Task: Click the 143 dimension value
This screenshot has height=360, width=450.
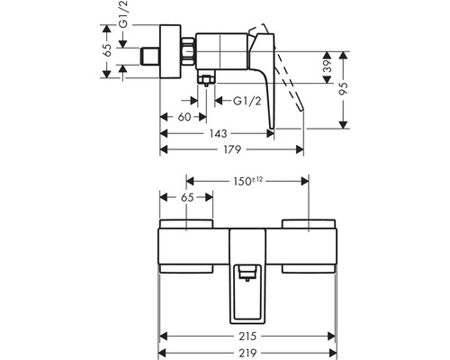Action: click(219, 134)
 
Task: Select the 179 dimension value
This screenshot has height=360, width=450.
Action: click(232, 149)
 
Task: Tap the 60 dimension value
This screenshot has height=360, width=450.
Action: click(184, 117)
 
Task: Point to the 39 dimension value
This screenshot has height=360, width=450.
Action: click(328, 67)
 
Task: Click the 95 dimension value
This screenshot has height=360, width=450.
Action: click(343, 89)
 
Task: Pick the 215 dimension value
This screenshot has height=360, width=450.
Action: click(247, 337)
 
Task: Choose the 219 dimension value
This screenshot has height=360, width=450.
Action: click(247, 353)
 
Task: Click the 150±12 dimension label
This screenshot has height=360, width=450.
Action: click(247, 181)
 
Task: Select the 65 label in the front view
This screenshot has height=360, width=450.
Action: click(187, 198)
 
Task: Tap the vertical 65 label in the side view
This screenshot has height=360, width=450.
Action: click(107, 50)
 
